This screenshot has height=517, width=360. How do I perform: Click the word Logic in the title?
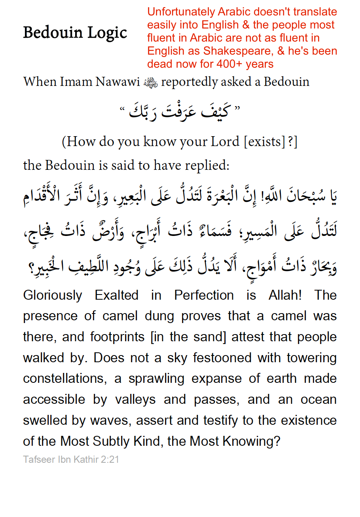click(x=107, y=32)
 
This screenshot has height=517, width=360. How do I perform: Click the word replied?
click(x=208, y=165)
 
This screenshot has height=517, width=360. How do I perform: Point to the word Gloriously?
click(x=53, y=295)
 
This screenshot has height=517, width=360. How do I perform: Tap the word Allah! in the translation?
click(x=285, y=295)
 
